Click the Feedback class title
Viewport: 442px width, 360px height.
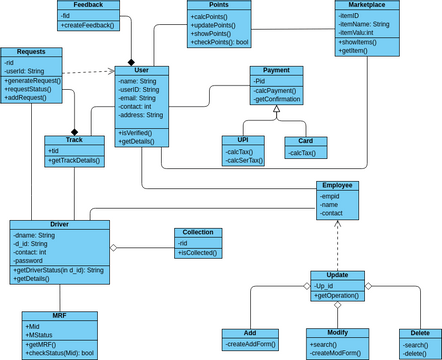coord(88,5)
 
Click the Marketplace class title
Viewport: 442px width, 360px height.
coord(367,5)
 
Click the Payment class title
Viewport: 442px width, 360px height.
coord(276,71)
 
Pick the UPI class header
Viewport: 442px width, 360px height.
coord(243,141)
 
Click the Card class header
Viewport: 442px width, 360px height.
coord(305,141)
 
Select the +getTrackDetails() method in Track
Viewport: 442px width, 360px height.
coord(75,160)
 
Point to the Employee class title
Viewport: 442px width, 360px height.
coord(337,186)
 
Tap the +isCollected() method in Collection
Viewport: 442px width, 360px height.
coord(197,252)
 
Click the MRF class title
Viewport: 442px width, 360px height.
coord(60,316)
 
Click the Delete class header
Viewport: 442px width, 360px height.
coord(420,334)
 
